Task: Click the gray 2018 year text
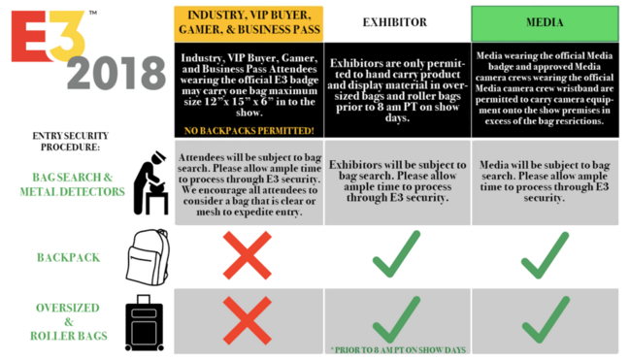pyautogui.click(x=116, y=73)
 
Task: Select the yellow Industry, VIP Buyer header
pyautogui.click(x=249, y=23)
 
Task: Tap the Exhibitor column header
pyautogui.click(x=395, y=22)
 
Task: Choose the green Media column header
pyautogui.click(x=545, y=23)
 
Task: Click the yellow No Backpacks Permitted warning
pyautogui.click(x=249, y=131)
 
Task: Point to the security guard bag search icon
pyautogui.click(x=150, y=182)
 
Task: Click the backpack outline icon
pyautogui.click(x=149, y=257)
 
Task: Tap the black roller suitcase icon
pyautogui.click(x=144, y=322)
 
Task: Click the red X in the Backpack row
pyautogui.click(x=248, y=255)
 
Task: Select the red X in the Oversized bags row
pyautogui.click(x=248, y=320)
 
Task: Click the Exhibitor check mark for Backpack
pyautogui.click(x=397, y=254)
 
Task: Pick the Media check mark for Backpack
pyautogui.click(x=546, y=255)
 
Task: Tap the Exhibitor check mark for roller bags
pyautogui.click(x=397, y=320)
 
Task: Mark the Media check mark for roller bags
pyautogui.click(x=546, y=320)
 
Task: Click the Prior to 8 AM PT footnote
pyautogui.click(x=398, y=350)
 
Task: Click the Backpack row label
pyautogui.click(x=68, y=257)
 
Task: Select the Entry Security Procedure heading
pyautogui.click(x=70, y=142)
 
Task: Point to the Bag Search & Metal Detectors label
pyautogui.click(x=73, y=184)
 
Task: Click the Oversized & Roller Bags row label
pyautogui.click(x=69, y=322)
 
